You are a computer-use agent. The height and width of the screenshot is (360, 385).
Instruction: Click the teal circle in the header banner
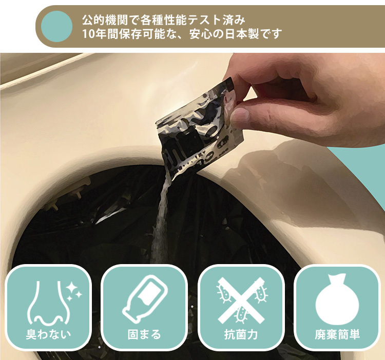56,26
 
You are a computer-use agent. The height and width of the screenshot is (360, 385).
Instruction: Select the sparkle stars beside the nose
73,291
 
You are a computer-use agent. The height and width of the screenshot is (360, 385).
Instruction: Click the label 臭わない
48,334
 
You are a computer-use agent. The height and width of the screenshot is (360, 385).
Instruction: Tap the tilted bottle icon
145,297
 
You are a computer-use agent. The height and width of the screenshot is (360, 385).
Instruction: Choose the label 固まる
144,334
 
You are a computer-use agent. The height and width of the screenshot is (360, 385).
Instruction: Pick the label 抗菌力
241,334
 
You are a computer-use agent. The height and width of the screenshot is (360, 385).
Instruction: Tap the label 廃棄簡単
337,334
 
